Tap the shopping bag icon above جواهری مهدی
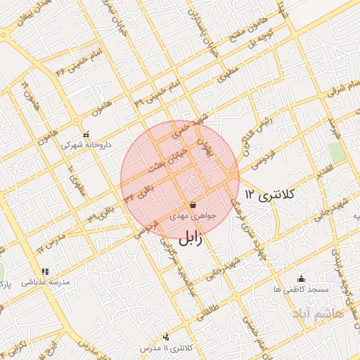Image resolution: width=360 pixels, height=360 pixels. click(x=193, y=205)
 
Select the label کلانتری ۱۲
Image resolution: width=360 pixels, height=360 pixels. click(x=271, y=194)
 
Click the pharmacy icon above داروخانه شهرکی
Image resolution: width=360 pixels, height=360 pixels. click(x=86, y=134)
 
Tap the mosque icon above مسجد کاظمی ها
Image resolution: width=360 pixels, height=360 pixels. click(x=302, y=278)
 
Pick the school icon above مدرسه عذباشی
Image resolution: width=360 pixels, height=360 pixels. click(x=46, y=271)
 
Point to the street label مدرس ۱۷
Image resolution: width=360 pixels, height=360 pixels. click(x=51, y=243)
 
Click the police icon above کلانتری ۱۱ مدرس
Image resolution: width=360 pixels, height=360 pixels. click(x=166, y=337)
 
